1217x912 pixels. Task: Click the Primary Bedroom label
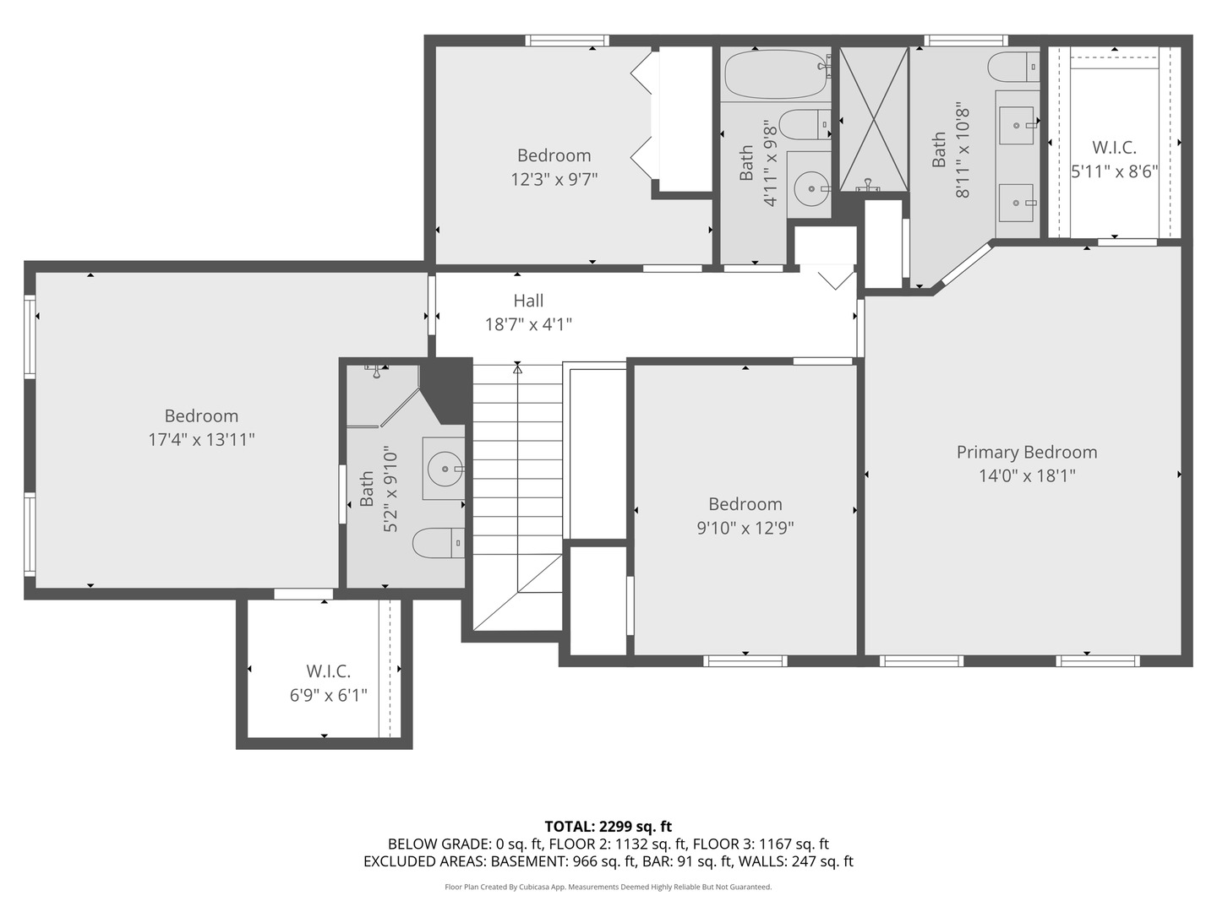click(x=1026, y=452)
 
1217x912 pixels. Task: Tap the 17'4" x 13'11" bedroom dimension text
click(x=201, y=439)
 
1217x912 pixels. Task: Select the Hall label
click(x=528, y=301)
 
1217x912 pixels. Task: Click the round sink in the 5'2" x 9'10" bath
click(x=443, y=469)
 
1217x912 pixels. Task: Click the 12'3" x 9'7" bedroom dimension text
click(x=554, y=179)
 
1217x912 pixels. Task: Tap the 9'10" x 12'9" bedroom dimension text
click(x=745, y=528)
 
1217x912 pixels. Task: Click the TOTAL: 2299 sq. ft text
click(x=608, y=826)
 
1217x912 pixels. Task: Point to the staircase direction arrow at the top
click(x=517, y=368)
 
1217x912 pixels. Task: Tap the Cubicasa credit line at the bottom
click(x=608, y=887)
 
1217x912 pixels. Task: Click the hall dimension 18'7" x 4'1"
click(x=528, y=324)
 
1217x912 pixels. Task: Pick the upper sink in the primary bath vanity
click(x=1016, y=126)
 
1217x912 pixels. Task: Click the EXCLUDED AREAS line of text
click(x=608, y=861)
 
